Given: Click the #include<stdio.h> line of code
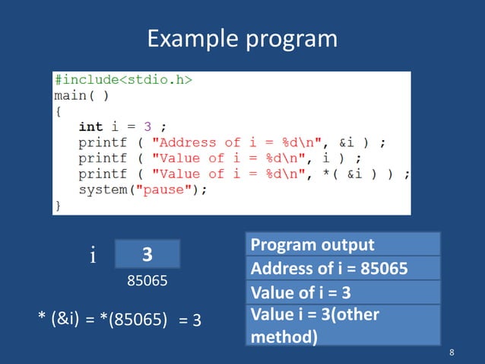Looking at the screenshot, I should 122,80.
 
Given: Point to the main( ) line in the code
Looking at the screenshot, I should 81,96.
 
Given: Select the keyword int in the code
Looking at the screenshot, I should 90,126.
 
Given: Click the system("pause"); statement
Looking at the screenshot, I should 142,190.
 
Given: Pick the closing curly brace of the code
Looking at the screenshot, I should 57,206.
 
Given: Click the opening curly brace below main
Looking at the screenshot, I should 57,111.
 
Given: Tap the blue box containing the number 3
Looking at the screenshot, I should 147,254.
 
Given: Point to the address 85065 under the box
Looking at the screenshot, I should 147,280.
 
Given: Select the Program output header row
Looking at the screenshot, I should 343,244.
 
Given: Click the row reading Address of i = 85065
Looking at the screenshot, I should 343,269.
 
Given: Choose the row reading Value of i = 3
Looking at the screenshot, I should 343,293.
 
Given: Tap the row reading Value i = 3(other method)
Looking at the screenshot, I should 343,325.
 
